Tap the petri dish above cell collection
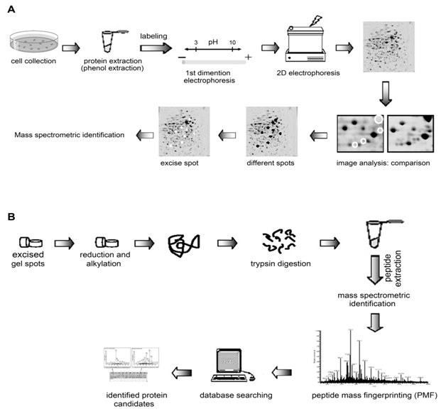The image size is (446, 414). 32,47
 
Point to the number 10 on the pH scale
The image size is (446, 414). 232,43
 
